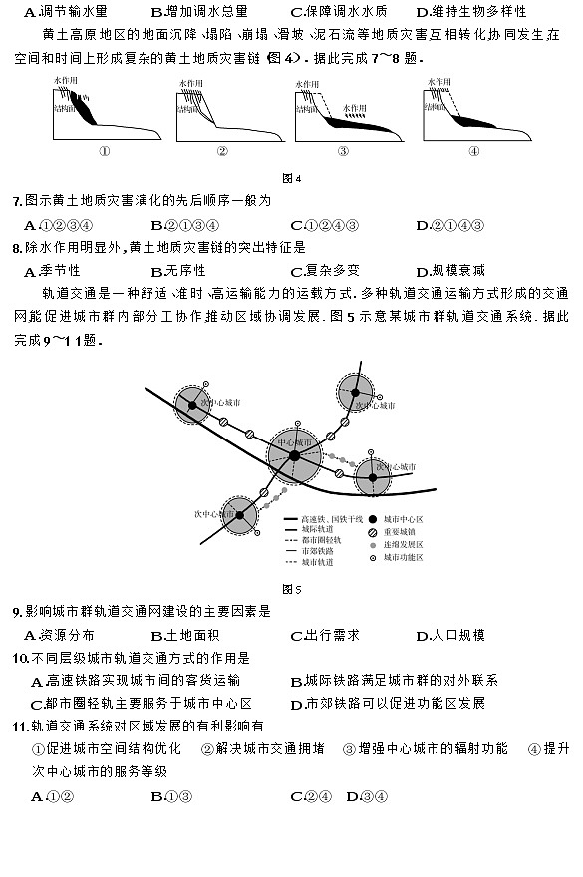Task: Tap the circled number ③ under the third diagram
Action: coord(343,151)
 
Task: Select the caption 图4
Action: coord(291,178)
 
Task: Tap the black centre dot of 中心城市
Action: coord(294,456)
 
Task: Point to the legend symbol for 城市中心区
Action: coord(372,520)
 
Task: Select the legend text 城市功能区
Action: coord(407,559)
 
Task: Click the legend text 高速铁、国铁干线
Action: coord(329,521)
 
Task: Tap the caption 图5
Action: coord(291,588)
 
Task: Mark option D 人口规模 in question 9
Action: coord(457,635)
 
